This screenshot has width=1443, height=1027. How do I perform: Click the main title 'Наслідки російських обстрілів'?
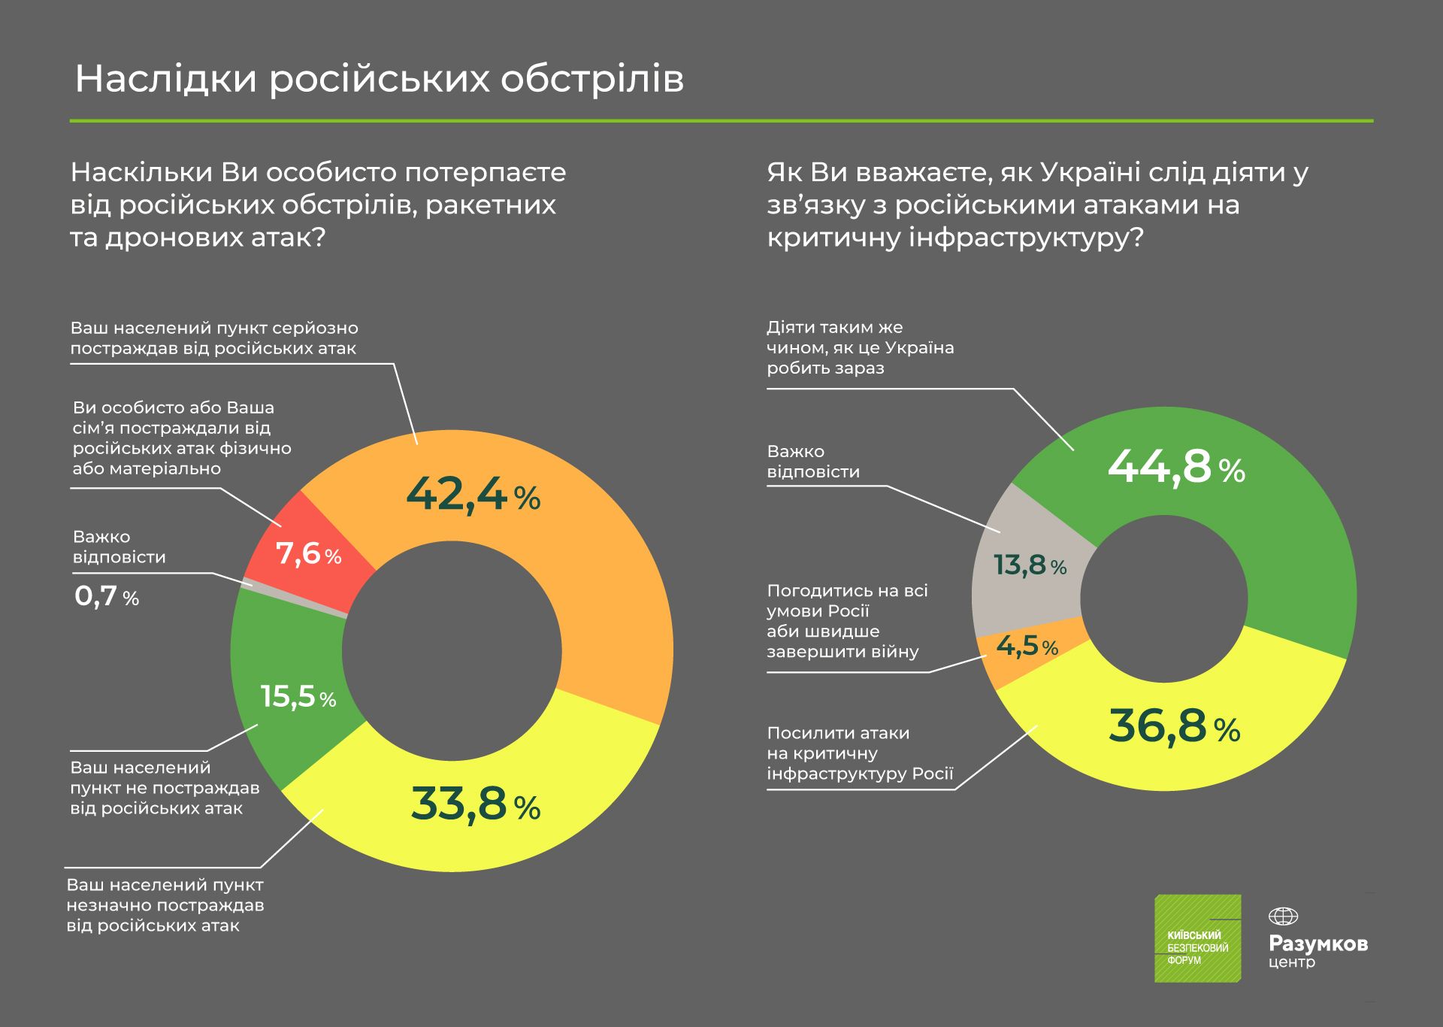(x=380, y=79)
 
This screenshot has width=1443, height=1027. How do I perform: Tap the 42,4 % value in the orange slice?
(x=472, y=495)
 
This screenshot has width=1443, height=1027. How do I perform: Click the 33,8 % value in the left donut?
(x=475, y=804)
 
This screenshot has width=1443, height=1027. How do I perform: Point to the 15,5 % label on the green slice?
(x=298, y=696)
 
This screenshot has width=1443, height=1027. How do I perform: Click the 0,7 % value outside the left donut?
(x=107, y=597)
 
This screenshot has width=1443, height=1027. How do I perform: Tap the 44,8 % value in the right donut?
(x=1175, y=467)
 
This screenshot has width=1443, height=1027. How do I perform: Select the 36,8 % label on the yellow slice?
(x=1174, y=726)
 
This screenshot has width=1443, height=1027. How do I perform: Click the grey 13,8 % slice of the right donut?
(x=1030, y=565)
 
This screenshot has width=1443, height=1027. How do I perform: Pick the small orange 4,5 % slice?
(x=1027, y=646)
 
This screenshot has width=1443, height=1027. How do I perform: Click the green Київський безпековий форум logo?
(x=1197, y=938)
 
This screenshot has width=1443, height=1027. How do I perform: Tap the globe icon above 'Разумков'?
(x=1283, y=916)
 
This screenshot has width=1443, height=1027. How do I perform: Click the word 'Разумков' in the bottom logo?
(x=1317, y=943)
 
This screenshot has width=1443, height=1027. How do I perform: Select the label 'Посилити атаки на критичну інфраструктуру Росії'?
(x=860, y=753)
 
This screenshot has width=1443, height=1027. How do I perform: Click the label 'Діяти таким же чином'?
(x=860, y=347)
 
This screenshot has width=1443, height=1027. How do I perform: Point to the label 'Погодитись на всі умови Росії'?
(x=847, y=621)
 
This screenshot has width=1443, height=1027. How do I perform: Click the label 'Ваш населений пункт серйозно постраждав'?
(x=214, y=338)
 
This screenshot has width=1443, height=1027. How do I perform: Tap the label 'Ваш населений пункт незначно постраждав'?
(x=165, y=905)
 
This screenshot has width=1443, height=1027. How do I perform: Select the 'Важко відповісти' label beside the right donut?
(x=812, y=462)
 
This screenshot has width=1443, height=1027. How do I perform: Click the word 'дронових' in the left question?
(x=170, y=238)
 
